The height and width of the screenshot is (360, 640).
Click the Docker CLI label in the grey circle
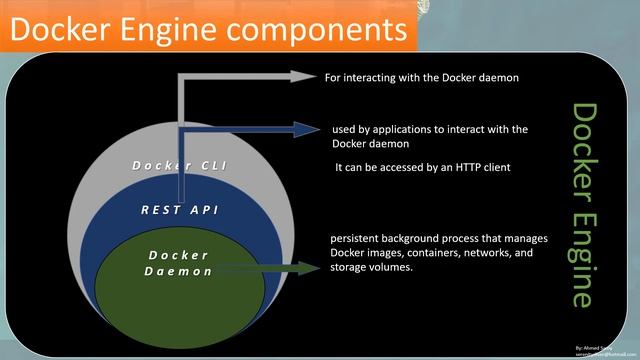(178, 165)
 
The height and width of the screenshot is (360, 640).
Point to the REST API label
(180, 210)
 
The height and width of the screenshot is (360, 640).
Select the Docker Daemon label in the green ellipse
(178, 263)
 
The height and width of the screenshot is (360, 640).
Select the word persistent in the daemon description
(355, 238)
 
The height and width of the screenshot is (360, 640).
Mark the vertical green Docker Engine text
(584, 205)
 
